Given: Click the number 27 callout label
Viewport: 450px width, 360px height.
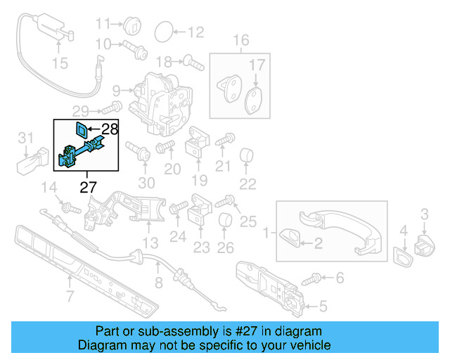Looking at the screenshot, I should point(88,187).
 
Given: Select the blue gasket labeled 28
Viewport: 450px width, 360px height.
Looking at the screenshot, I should point(82,129).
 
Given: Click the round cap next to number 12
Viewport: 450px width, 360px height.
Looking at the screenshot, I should point(162,31).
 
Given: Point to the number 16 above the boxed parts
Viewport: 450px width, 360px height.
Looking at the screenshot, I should point(241,39).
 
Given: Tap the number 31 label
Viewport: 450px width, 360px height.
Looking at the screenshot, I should point(25,136).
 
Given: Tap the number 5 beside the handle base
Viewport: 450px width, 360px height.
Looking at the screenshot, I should point(323,306).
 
